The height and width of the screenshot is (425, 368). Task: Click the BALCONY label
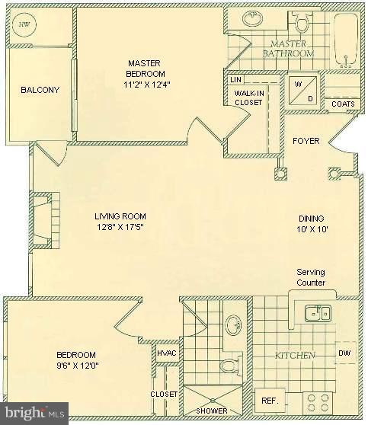coord(40,91)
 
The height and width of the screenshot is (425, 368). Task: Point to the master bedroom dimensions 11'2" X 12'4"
coord(148,84)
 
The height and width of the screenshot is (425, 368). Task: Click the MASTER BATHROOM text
coord(288,50)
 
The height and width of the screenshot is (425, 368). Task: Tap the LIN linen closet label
coord(235,78)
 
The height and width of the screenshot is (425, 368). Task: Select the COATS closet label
coord(341,104)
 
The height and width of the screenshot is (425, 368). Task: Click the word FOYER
coord(306,141)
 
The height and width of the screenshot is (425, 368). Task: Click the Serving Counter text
coord(312,277)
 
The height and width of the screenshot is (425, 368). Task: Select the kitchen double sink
coord(317,312)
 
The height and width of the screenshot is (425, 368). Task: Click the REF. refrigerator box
coord(270,401)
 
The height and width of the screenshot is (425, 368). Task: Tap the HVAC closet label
coord(167,353)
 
